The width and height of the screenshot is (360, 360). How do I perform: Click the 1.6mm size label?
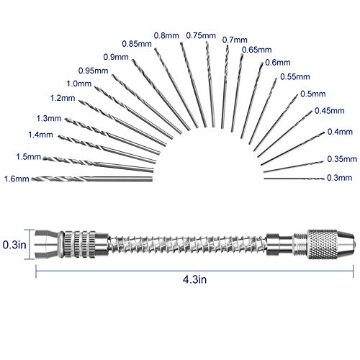17,179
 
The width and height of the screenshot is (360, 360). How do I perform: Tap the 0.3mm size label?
339,178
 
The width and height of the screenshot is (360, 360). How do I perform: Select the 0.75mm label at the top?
201,35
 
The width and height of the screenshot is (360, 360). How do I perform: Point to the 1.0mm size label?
79,84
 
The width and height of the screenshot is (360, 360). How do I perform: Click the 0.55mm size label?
295,77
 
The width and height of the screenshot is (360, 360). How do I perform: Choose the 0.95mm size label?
93,71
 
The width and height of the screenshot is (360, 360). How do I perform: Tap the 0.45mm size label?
330,111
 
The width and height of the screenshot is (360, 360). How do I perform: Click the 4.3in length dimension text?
194,279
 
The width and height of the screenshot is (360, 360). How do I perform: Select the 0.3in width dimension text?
14,245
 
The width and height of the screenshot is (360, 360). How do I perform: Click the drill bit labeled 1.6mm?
92,179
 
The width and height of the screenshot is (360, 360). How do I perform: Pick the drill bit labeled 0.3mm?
294,179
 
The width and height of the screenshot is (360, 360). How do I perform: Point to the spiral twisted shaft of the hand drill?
188,244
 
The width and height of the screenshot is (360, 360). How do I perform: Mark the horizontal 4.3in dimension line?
194,271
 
